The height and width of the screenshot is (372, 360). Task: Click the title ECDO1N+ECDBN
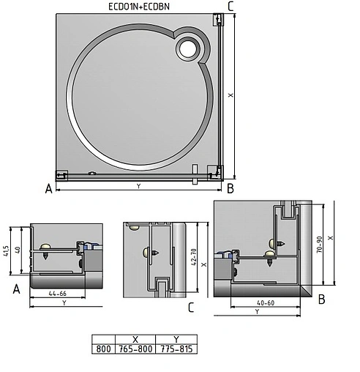(x=139, y=7)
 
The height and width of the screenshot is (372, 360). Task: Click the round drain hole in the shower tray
(x=187, y=49)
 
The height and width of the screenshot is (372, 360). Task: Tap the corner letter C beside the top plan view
(x=230, y=6)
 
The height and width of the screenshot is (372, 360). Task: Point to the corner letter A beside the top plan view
(x=49, y=189)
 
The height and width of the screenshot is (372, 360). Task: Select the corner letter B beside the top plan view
(x=230, y=188)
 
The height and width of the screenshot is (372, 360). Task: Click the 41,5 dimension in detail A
(x=7, y=251)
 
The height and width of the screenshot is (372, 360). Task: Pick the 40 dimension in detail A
(x=18, y=250)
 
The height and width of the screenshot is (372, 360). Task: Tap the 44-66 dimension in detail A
(x=58, y=294)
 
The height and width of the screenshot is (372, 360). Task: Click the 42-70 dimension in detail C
(x=193, y=257)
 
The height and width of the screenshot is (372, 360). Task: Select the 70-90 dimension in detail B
(x=320, y=245)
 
